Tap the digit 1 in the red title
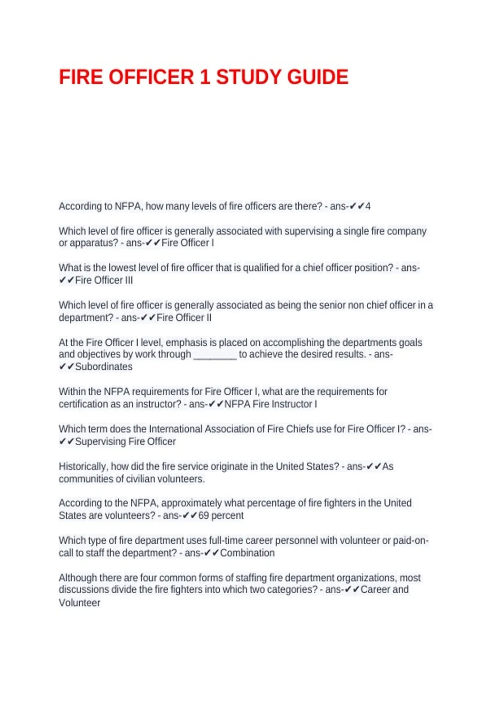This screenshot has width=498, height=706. (x=205, y=77)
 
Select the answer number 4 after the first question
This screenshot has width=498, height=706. (x=368, y=206)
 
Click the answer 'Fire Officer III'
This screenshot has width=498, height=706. (x=104, y=280)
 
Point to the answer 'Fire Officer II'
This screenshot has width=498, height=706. (x=184, y=318)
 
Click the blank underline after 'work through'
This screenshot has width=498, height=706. (x=215, y=355)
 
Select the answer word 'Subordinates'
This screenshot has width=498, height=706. (x=104, y=367)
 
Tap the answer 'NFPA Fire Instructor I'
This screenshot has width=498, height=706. (x=271, y=404)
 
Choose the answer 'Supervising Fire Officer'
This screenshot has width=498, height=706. (x=125, y=441)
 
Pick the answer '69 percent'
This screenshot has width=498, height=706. (x=221, y=515)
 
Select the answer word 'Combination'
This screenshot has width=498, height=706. (x=247, y=553)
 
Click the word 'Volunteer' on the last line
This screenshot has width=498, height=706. (x=79, y=603)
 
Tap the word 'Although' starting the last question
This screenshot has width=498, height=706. (x=78, y=578)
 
